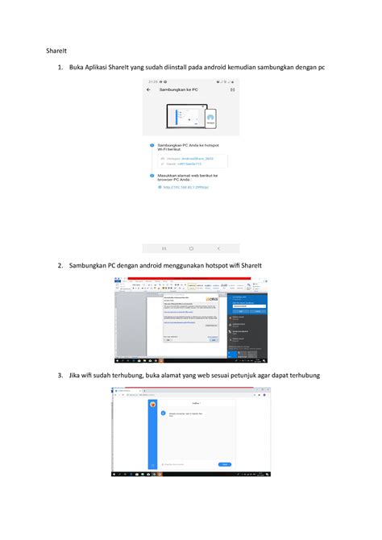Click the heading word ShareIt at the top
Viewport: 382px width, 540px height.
coord(54,50)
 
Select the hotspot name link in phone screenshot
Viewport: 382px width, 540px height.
coord(192,159)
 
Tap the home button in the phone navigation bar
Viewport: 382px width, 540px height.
coord(191,248)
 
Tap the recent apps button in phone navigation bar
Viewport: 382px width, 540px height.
coord(164,248)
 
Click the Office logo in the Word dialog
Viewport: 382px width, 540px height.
coord(213,299)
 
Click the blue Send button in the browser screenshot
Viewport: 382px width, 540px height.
coord(226,464)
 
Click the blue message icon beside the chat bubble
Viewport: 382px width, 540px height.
coord(163,413)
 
